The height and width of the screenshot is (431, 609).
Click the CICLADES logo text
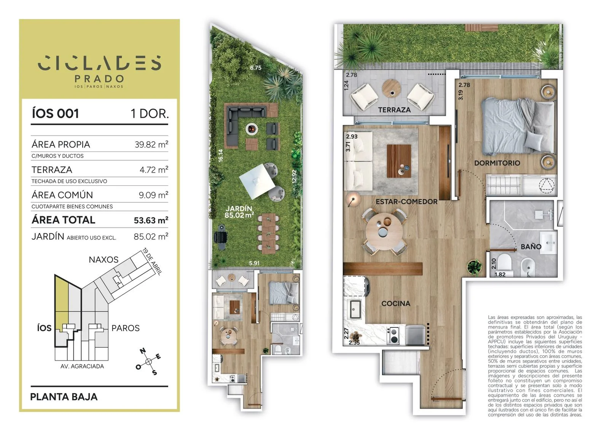pos(99,63)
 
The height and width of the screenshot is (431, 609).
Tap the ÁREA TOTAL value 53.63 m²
pos(151,220)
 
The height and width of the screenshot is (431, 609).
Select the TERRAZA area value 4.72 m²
pos(154,170)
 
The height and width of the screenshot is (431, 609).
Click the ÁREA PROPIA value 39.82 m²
pos(151,144)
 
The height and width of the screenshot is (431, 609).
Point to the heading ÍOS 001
pos(56,113)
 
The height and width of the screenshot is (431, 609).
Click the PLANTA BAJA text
pos(64,397)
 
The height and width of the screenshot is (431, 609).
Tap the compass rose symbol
pos(148,362)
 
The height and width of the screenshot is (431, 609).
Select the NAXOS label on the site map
pos(104,260)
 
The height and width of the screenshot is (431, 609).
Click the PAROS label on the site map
pos(126,328)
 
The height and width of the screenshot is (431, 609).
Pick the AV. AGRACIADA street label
pos(82,366)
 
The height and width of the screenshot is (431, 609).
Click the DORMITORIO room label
pos(497,163)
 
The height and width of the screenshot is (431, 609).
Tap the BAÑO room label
pos(531,247)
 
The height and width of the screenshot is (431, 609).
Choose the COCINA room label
pos(395,303)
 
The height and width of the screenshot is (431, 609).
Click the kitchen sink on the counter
pos(355,309)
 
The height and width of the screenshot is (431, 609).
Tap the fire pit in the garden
pos(252,129)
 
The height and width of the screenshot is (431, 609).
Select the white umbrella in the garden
pos(257,181)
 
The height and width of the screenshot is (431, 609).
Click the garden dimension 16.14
pos(220,156)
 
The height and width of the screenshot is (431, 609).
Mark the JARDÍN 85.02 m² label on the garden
pos(239,212)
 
